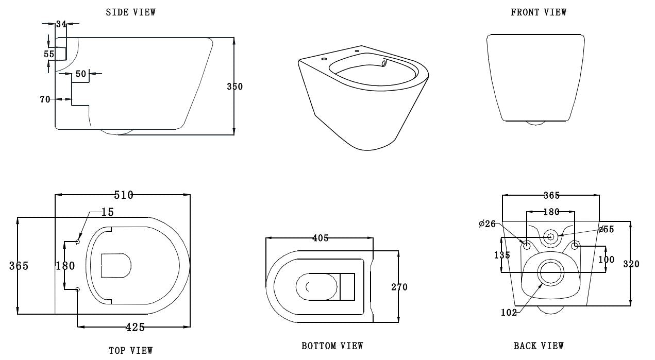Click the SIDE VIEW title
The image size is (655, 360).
[130, 12]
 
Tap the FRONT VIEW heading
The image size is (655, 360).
[539, 12]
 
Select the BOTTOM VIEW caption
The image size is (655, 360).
[332, 346]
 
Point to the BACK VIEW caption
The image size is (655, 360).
[539, 346]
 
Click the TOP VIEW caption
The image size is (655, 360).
[130, 351]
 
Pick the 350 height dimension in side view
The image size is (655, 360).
[234, 87]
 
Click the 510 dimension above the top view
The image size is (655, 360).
[123, 195]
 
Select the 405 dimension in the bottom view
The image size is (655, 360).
[320, 238]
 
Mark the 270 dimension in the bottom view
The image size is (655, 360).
[399, 287]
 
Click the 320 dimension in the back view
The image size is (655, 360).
[631, 264]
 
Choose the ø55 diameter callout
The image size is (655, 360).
[606, 229]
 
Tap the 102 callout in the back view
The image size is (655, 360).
[508, 312]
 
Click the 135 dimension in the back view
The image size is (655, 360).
[501, 255]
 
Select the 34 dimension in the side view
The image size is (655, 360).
[61, 24]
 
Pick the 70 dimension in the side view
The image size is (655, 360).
[45, 99]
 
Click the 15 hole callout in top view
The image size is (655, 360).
[107, 212]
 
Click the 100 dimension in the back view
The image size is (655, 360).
[606, 260]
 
